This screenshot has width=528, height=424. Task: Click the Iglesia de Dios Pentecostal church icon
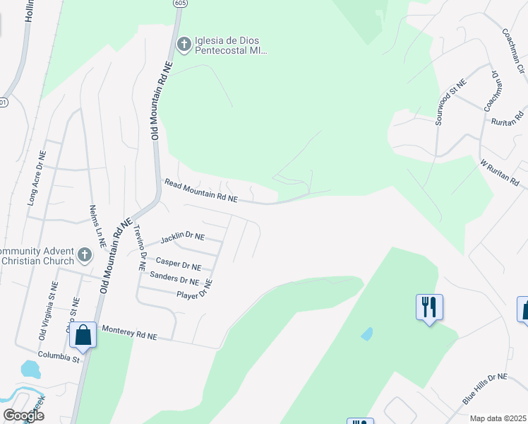pos(184,45)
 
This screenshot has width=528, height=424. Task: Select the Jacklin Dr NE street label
pos(182,237)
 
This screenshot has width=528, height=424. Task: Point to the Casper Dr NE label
pos(178,264)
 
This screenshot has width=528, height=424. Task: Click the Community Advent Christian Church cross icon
pos(84,254)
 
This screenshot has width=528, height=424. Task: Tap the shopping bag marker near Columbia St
pos(83,336)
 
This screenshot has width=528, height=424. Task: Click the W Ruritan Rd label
pos(503,174)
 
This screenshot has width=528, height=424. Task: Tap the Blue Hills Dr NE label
pos(485,389)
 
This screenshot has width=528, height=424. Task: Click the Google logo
pos(23,416)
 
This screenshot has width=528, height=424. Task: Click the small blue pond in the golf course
pos(366,334)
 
